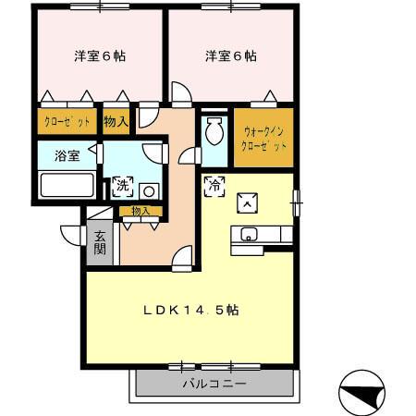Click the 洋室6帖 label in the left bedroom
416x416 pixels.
click(x=100, y=55)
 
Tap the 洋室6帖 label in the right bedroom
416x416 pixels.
click(x=231, y=55)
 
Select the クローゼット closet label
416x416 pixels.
click(x=65, y=122)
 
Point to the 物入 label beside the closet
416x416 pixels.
click(x=116, y=122)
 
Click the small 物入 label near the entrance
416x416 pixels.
click(x=141, y=212)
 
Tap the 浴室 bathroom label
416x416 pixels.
click(x=67, y=155)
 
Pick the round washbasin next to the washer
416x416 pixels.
click(x=148, y=191)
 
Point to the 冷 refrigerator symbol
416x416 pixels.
click(x=214, y=184)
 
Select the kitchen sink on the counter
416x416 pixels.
click(x=248, y=234)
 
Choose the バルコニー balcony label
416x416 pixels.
click(x=214, y=383)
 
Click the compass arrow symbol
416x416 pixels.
click(x=362, y=391)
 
